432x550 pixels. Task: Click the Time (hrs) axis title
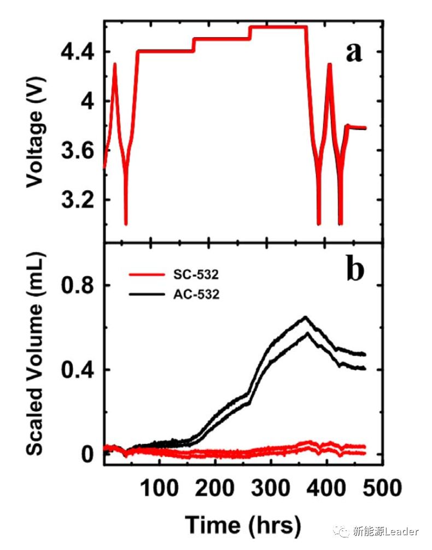tap(243, 524)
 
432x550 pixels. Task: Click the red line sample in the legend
tap(146, 274)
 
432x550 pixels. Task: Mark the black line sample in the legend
tap(146, 295)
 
